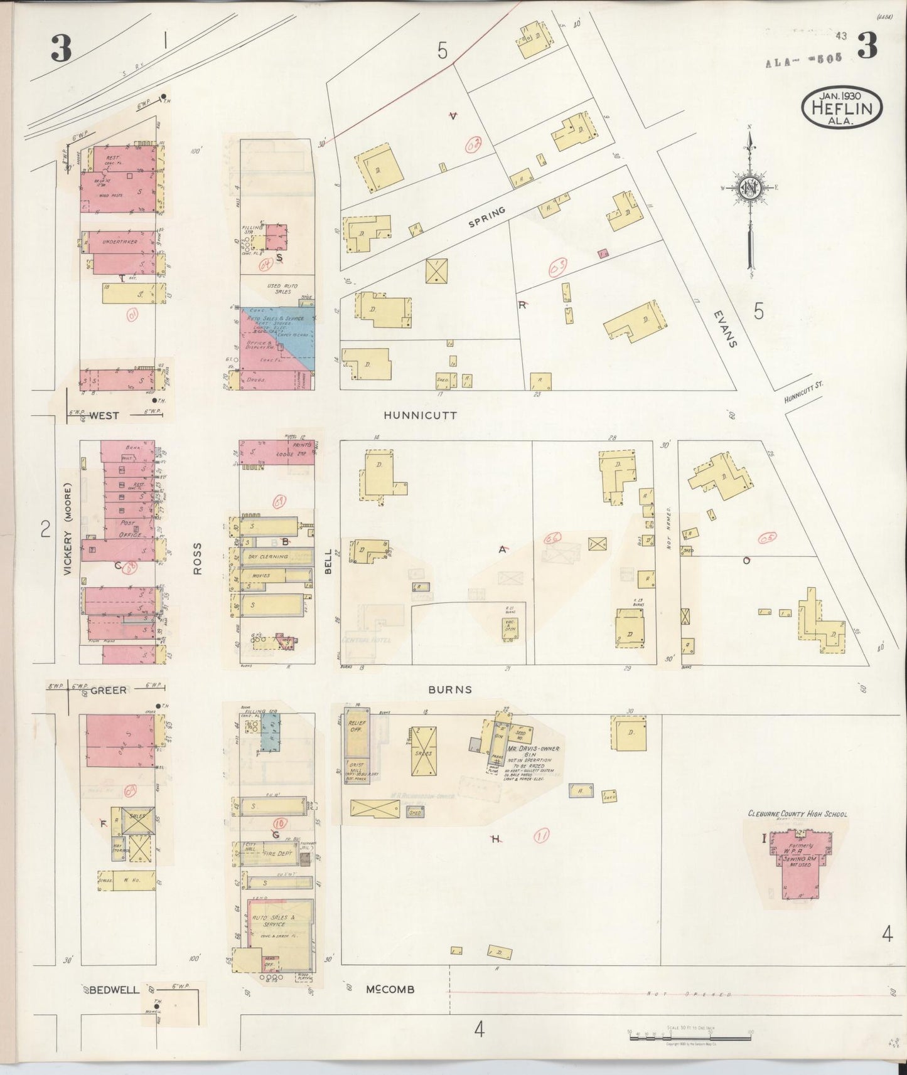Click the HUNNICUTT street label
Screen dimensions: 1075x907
click(x=421, y=415)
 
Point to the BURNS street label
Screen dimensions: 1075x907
click(x=449, y=689)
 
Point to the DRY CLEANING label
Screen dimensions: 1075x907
click(x=267, y=556)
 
